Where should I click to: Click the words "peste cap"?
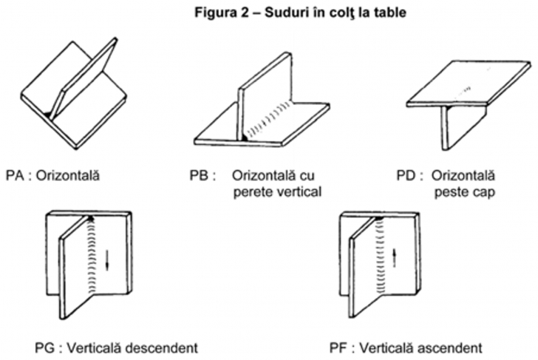461,192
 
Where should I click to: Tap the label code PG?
44,345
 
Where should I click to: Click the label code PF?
341,345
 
